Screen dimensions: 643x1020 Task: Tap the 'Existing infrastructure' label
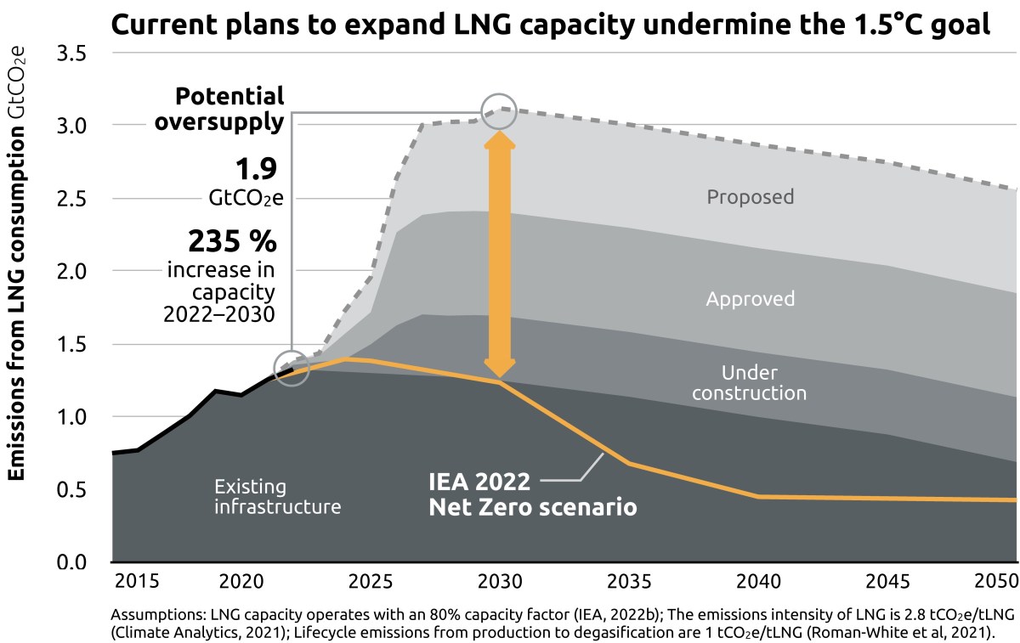tap(277, 497)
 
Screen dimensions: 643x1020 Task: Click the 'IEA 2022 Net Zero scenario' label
tap(532, 495)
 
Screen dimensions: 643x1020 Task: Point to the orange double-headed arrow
tap(499, 255)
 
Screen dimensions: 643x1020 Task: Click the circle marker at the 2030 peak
tap(499, 111)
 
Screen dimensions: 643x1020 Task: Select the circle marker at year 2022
tap(292, 369)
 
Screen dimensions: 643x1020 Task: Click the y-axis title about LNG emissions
tap(18, 263)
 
